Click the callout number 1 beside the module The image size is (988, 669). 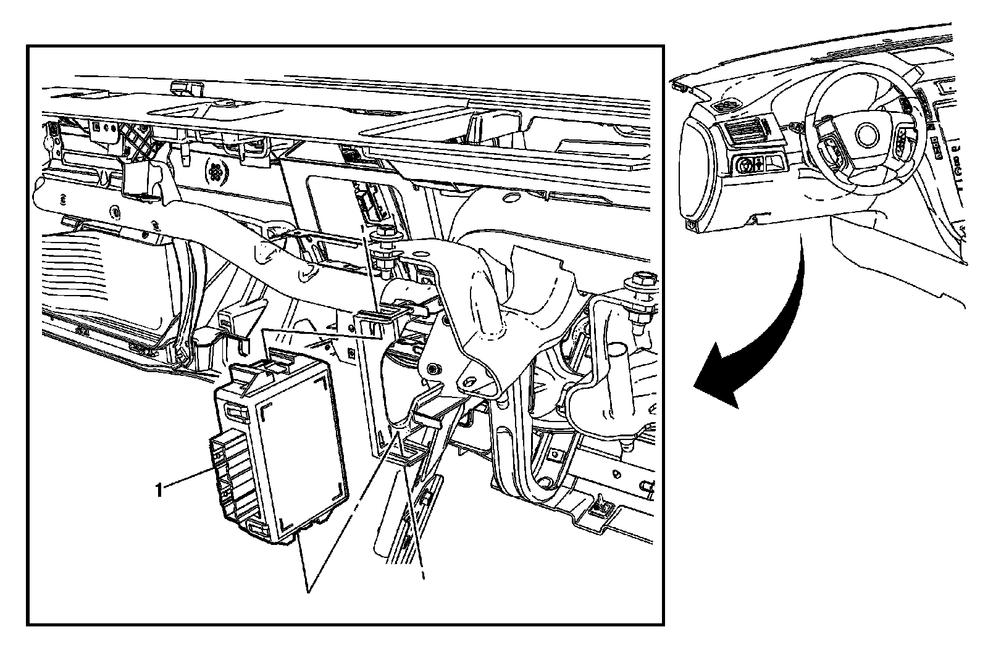[159, 490]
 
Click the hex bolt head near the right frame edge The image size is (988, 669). [641, 278]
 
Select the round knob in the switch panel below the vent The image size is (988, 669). [745, 166]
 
